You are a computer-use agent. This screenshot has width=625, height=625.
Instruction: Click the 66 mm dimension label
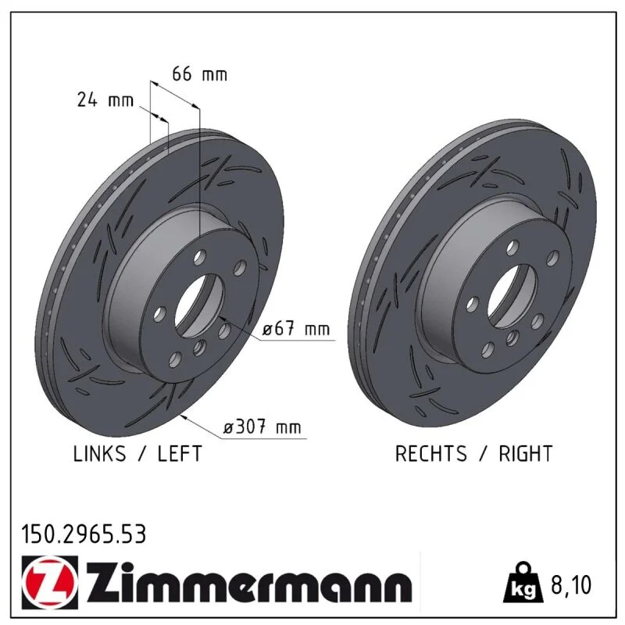(x=199, y=74)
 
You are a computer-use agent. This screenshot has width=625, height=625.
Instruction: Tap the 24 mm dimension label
(x=105, y=100)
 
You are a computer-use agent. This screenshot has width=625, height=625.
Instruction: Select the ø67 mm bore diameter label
(x=296, y=329)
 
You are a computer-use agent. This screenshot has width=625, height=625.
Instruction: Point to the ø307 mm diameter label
(x=262, y=427)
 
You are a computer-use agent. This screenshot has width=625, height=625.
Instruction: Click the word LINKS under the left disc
(x=100, y=454)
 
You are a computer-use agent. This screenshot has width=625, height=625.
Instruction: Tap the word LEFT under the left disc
(x=180, y=454)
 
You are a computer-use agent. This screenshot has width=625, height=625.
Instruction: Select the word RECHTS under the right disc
(x=431, y=454)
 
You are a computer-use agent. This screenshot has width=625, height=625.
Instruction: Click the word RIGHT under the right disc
(x=526, y=454)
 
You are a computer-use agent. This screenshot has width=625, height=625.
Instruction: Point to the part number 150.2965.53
(x=84, y=534)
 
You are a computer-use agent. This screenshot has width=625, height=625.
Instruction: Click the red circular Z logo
(x=49, y=583)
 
